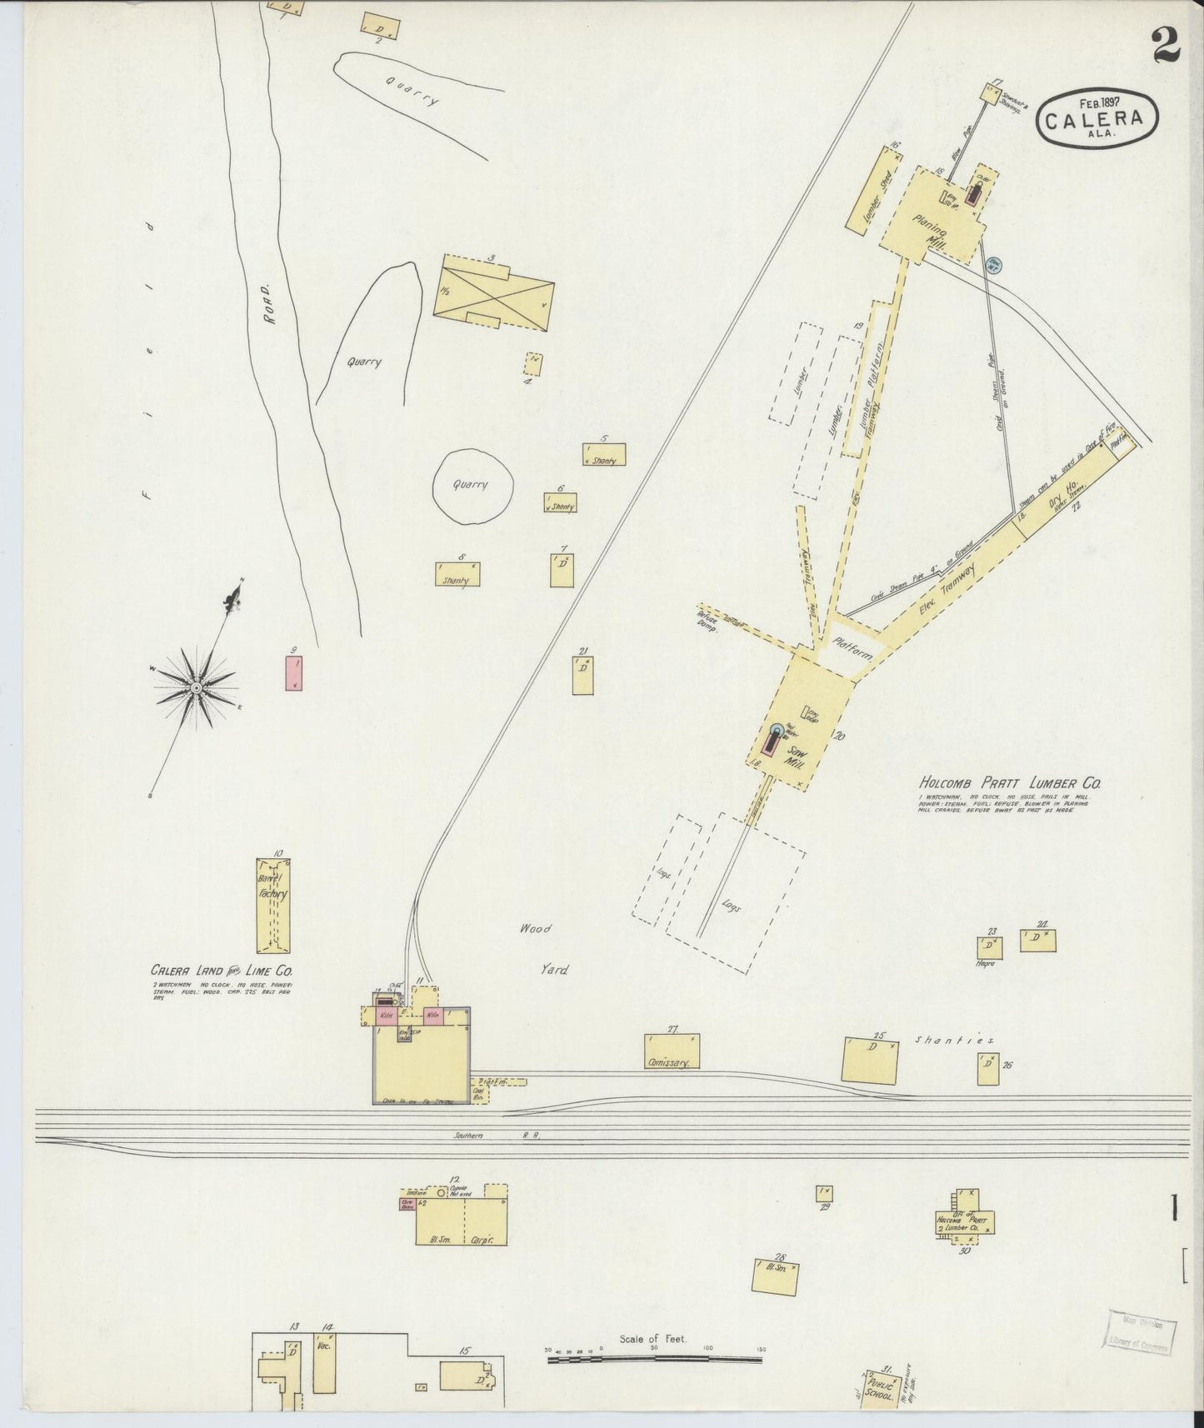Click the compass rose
[196, 687]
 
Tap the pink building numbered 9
[293, 673]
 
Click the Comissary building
[672, 1051]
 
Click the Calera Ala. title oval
[1098, 121]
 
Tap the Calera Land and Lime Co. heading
[222, 971]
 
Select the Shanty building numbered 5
[604, 454]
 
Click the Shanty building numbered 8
[457, 574]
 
